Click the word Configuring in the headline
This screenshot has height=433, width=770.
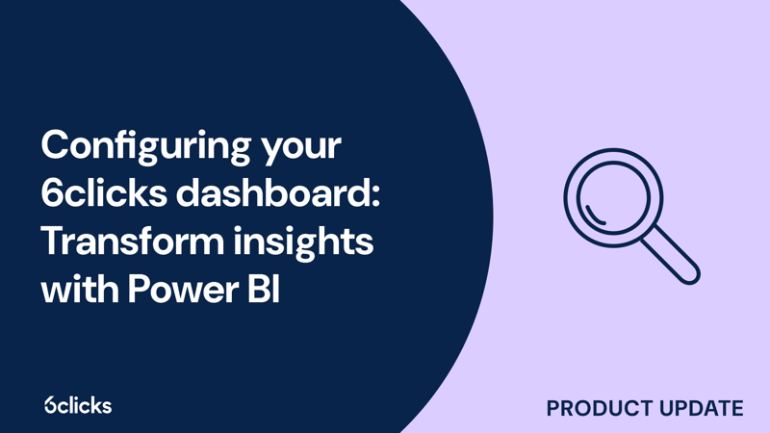click(x=140, y=147)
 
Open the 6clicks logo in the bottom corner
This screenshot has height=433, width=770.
click(x=77, y=405)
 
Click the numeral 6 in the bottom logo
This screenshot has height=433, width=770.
click(x=50, y=405)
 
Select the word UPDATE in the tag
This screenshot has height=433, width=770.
click(x=700, y=408)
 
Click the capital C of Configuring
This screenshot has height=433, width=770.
click(x=55, y=146)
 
